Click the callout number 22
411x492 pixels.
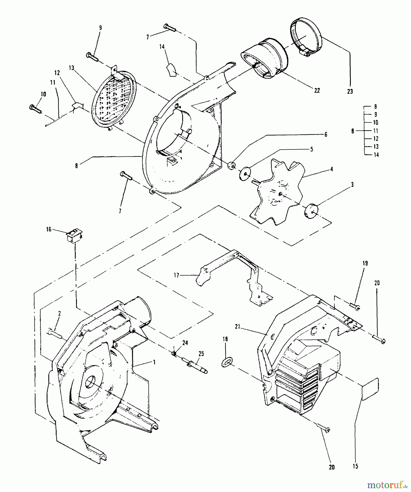317,90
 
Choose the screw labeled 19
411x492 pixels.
355,307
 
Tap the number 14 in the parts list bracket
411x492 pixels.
376,155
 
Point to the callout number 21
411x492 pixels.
237,326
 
